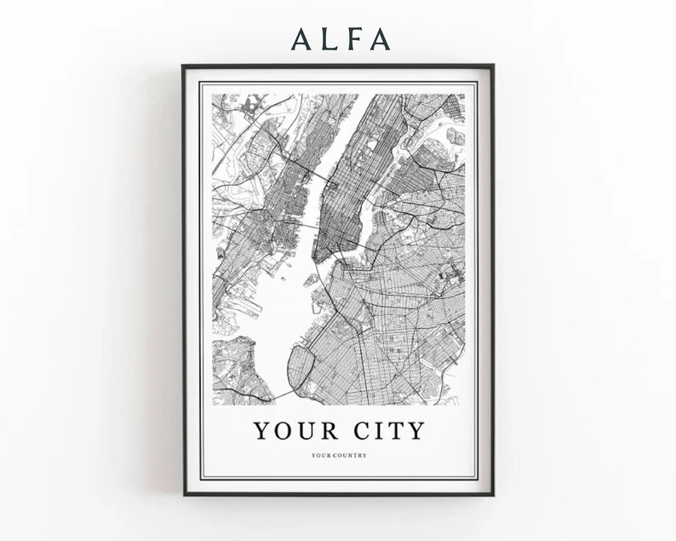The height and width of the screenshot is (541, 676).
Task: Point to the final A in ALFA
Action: (379, 38)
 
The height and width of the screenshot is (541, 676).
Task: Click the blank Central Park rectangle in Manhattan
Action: (371, 157)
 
